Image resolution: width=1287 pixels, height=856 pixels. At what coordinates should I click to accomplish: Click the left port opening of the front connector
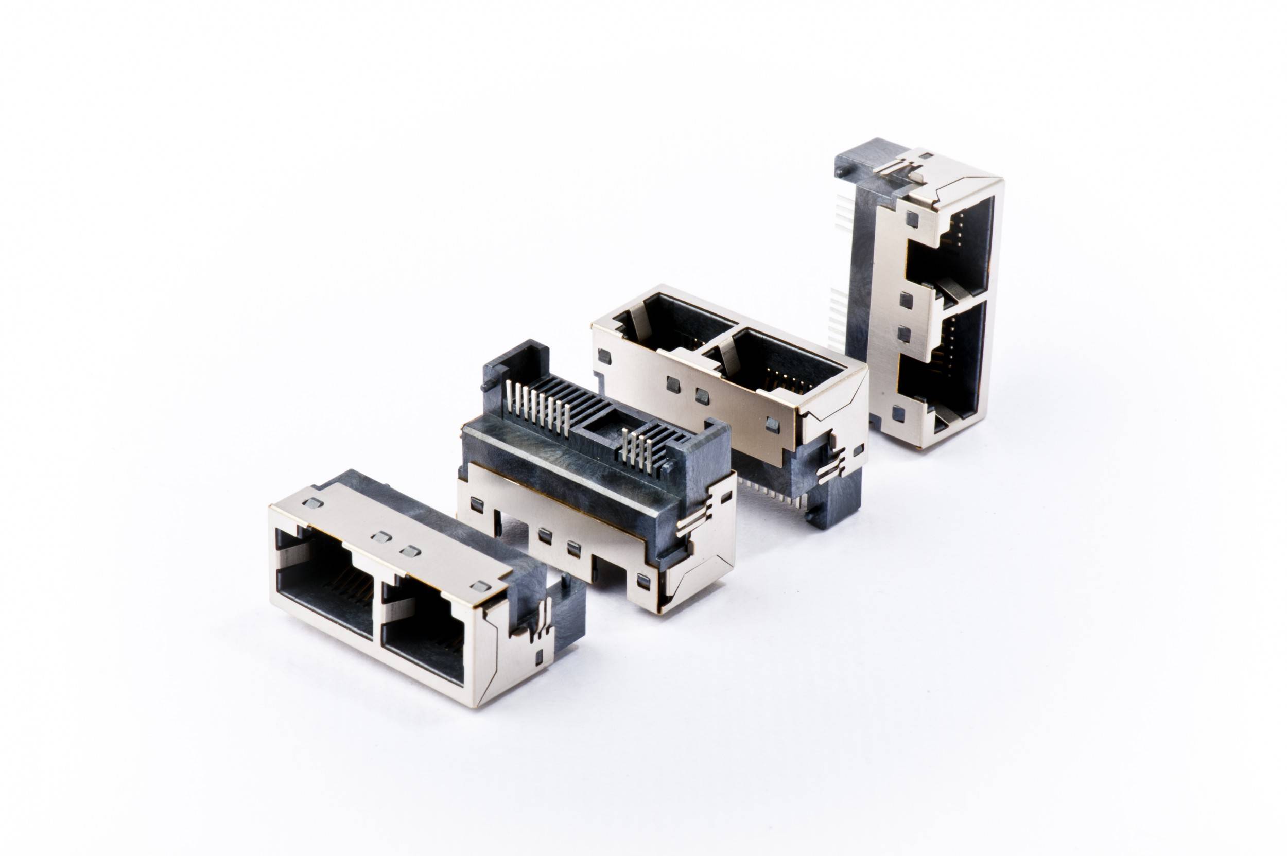pyautogui.click(x=325, y=595)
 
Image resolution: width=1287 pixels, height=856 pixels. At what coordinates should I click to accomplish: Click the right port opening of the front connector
pyautogui.click(x=423, y=639)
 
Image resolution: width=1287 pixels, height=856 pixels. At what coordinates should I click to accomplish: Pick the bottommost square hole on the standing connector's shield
pyautogui.click(x=898, y=414)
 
